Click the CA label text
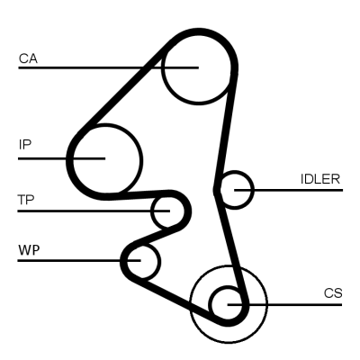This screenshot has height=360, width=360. [x=28, y=58]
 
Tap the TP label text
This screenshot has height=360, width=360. [x=27, y=200]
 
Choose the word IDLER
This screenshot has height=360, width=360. [x=319, y=178]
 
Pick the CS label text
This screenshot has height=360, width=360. [x=332, y=293]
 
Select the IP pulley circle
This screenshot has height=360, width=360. [x=105, y=157]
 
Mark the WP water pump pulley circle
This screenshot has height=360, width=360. [x=141, y=261]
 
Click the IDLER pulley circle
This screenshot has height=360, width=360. [x=237, y=189]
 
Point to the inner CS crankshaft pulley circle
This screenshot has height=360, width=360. [x=227, y=303]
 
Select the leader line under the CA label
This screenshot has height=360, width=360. [x=81, y=67]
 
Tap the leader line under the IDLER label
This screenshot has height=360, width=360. [x=297, y=190]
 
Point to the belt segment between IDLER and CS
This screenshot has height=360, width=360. [x=232, y=243]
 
